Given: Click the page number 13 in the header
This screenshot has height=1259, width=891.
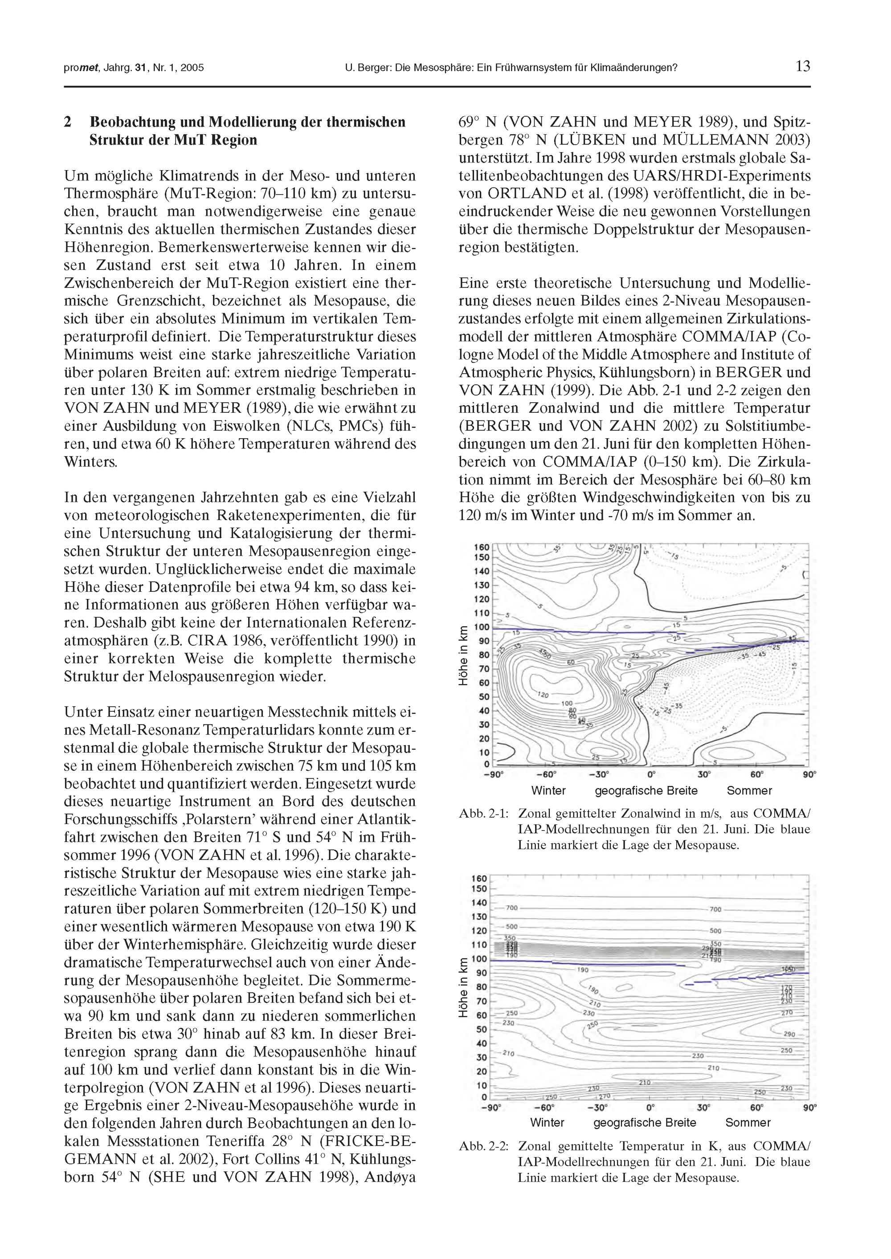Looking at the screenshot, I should pos(802,66).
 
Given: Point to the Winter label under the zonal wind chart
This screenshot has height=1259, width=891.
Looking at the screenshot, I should pos(548,790).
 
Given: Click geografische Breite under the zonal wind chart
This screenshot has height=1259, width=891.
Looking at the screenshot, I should pos(646,790).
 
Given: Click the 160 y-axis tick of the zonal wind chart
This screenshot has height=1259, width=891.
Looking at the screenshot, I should pos(481,547).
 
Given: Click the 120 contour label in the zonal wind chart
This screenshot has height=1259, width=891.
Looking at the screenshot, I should pos(542,695).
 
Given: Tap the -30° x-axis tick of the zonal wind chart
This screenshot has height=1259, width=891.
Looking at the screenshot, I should pos(597,774).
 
